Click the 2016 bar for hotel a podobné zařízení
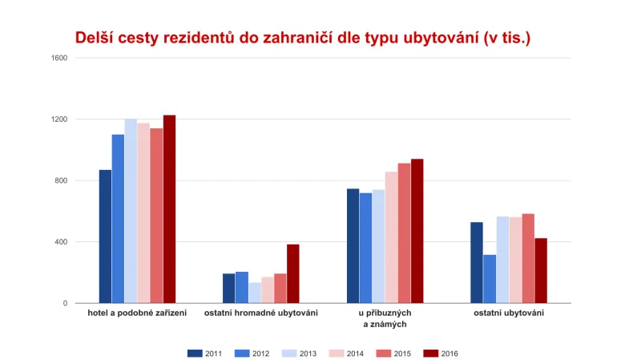pyautogui.click(x=169, y=209)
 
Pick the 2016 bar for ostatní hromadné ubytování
pyautogui.click(x=292, y=273)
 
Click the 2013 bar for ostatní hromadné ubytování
pyautogui.click(x=255, y=293)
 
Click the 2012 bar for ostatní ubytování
pyautogui.click(x=489, y=279)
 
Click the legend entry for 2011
pyautogui.click(x=204, y=353)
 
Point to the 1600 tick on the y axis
pyautogui.click(x=59, y=58)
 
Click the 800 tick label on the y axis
pyautogui.click(x=61, y=180)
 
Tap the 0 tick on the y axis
pyautogui.click(x=65, y=303)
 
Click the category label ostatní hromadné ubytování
pyautogui.click(x=261, y=313)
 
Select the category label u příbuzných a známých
pyautogui.click(x=385, y=318)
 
